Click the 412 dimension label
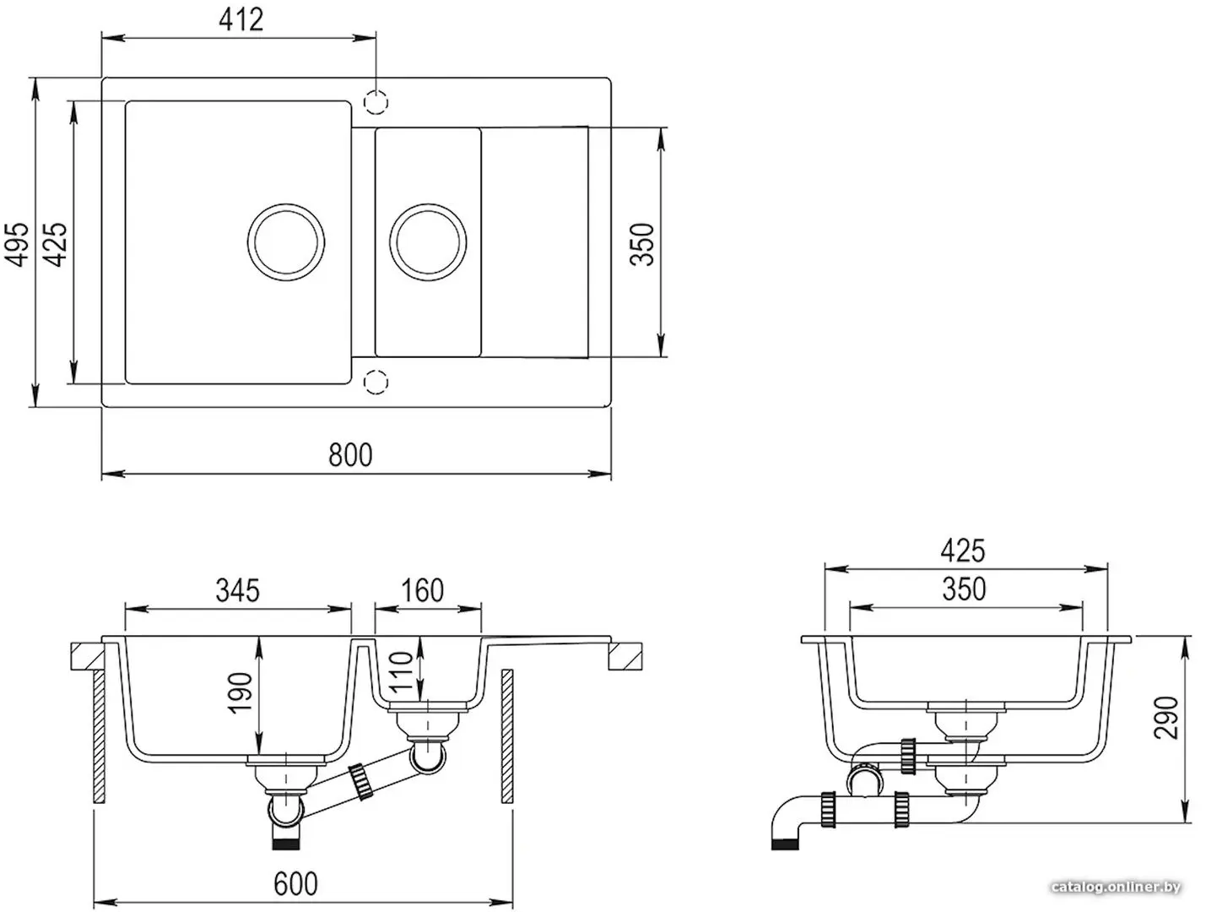241,19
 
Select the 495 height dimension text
17,245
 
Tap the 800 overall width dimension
350,454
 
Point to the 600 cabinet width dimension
295,884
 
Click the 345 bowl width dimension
237,591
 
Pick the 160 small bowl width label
422,591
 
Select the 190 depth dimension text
240,693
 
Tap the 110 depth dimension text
400,671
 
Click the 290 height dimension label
1165,718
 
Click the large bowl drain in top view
286,242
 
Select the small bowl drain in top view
428,242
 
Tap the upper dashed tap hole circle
376,102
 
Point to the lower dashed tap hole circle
376,382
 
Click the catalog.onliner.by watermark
1116,888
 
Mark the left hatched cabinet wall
99,737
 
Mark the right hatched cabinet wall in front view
506,736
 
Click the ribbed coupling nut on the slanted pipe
362,780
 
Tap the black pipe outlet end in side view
786,844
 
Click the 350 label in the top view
641,245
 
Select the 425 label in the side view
963,551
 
